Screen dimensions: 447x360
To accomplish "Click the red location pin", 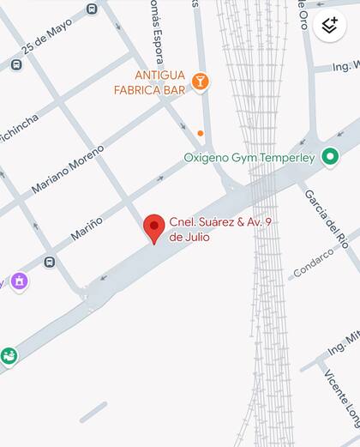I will (x=153, y=227).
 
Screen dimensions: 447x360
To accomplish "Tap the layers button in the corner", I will (x=330, y=25).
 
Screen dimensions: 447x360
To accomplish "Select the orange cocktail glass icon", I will (x=200, y=82).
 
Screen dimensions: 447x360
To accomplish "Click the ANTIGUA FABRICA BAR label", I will (x=147, y=81).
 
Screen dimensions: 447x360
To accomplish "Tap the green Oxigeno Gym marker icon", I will (x=330, y=156).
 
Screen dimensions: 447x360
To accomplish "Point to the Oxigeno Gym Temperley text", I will (x=249, y=158).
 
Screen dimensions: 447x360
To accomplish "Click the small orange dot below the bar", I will (x=200, y=133).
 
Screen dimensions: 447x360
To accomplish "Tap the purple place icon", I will (x=19, y=281).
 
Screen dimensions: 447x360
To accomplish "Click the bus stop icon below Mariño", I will (x=50, y=262).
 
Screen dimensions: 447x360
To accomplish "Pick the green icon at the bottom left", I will (x=9, y=354).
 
